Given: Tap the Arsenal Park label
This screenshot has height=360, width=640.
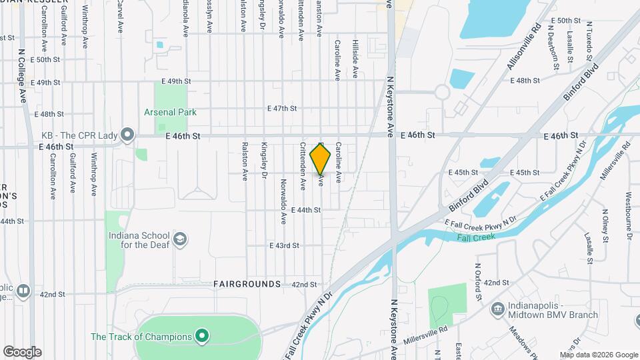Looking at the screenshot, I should point(170,112).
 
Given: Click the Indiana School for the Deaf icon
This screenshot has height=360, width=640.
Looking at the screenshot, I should point(179,239).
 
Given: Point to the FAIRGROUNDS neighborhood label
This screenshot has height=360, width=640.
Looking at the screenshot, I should point(247,284).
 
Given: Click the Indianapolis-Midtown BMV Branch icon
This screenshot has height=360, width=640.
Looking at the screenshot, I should point(497,309).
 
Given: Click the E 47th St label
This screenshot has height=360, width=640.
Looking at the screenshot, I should point(282,108).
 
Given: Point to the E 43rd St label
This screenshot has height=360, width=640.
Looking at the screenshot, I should point(284,245).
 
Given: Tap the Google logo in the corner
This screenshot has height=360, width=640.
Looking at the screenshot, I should point(22,351).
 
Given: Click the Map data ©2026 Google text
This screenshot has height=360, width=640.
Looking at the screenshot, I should point(599,355).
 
